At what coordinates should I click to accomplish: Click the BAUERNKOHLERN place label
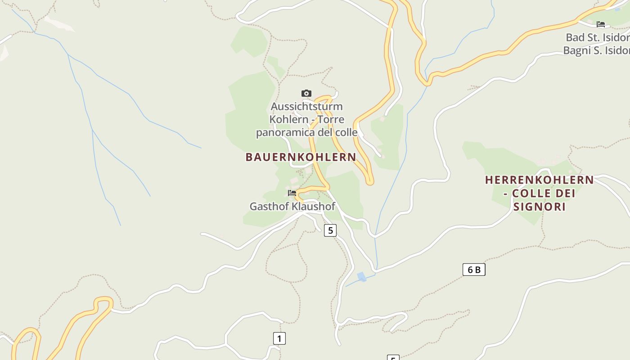[301, 157]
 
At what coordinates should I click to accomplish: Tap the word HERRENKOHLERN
[539, 180]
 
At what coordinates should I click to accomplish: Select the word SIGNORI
[539, 207]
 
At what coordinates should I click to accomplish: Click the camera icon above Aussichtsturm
[306, 94]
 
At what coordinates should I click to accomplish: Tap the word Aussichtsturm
[306, 107]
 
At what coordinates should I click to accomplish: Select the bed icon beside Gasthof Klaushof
[292, 193]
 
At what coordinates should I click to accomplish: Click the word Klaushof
[314, 207]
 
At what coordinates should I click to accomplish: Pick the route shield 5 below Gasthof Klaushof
[330, 230]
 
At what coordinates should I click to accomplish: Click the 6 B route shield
[474, 270]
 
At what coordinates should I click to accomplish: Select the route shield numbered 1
[279, 338]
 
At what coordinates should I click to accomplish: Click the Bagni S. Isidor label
[596, 50]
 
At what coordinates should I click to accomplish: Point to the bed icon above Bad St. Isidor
[601, 24]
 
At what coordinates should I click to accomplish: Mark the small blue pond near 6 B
[361, 277]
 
